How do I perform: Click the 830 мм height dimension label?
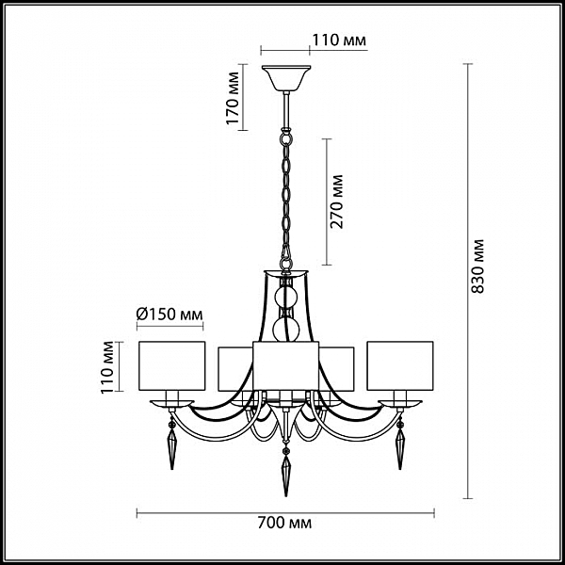(477, 266)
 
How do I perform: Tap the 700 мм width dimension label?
(284, 523)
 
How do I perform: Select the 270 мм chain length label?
(336, 202)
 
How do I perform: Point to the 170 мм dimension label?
(233, 98)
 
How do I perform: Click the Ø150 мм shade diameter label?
(169, 315)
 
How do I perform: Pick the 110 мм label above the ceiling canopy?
(339, 40)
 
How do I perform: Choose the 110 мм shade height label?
(107, 367)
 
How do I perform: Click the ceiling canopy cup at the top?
(286, 78)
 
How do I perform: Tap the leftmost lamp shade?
(172, 365)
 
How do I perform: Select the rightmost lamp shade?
(400, 365)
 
